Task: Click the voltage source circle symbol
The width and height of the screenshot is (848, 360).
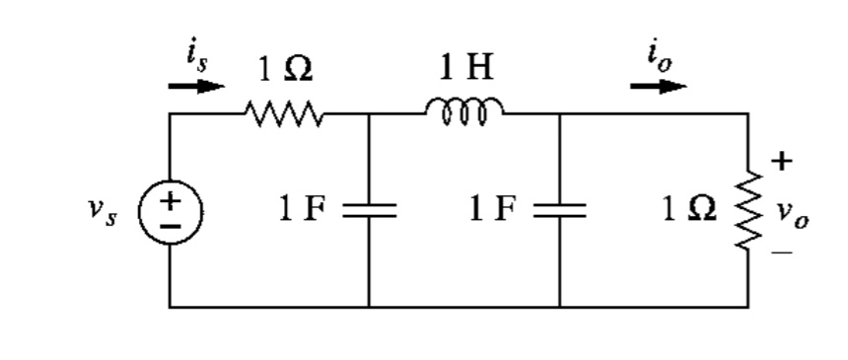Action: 171,211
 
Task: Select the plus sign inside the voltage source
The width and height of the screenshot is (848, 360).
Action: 171,200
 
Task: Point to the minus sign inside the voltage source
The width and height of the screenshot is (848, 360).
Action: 171,224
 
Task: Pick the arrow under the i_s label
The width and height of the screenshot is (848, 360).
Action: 195,86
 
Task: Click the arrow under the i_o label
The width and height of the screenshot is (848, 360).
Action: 659,86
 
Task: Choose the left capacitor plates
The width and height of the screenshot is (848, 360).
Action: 370,210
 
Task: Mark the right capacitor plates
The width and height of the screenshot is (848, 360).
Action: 559,210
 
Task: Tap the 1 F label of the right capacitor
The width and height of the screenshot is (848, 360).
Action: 493,210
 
